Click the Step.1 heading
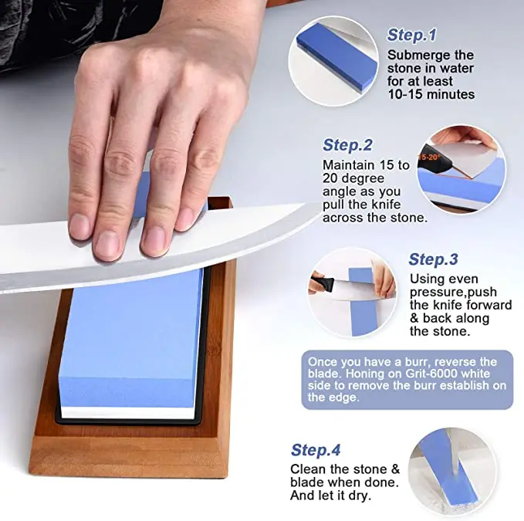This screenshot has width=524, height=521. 411,35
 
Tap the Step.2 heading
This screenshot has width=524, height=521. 347,145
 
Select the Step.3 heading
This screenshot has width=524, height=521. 433,259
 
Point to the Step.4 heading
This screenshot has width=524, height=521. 316,450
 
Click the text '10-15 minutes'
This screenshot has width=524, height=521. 431,94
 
